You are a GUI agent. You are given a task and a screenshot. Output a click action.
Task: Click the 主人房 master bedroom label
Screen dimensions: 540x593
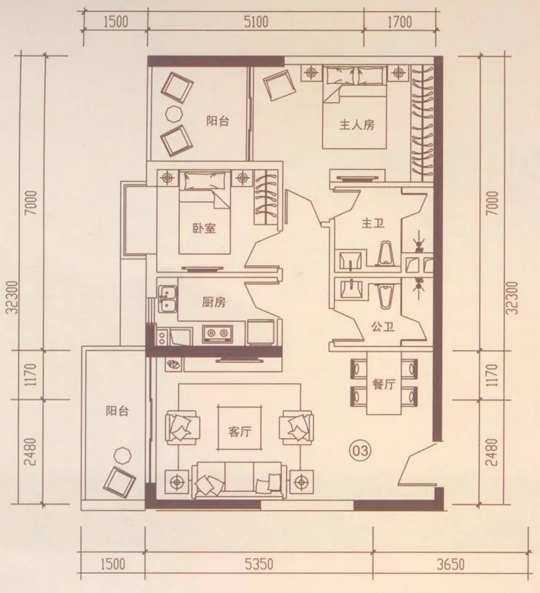357,125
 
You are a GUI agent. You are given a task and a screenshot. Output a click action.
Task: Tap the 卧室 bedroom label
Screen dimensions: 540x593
204,228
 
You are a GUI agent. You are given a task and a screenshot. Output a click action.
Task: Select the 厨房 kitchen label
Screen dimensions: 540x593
213,302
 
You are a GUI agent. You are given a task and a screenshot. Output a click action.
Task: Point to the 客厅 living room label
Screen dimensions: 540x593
239,431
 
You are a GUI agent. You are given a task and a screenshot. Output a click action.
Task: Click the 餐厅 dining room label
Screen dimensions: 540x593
384,384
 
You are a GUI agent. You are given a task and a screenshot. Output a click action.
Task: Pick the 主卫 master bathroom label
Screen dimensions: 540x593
373,223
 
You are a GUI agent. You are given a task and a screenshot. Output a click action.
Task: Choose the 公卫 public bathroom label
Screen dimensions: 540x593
383,326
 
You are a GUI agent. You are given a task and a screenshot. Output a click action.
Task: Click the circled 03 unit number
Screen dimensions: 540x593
360,451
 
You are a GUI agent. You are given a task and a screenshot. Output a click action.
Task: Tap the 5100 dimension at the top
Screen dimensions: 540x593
256,21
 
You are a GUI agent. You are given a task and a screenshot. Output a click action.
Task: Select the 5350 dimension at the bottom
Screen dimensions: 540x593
259,565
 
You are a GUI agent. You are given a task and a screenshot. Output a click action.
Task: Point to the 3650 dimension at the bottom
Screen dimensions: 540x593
450,565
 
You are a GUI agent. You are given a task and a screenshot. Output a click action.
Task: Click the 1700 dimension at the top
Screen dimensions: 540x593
399,21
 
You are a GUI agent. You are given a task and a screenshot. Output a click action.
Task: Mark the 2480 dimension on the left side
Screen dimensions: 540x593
31,452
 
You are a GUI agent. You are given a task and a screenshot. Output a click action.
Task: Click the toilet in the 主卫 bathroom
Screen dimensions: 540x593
385,253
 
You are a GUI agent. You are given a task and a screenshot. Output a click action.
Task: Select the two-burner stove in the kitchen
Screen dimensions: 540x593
218,334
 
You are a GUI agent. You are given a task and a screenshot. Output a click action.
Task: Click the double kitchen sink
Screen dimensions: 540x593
167,299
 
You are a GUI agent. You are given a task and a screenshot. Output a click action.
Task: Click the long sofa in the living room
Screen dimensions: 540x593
237,480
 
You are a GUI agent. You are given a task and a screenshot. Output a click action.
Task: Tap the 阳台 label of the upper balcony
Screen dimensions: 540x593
218,121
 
